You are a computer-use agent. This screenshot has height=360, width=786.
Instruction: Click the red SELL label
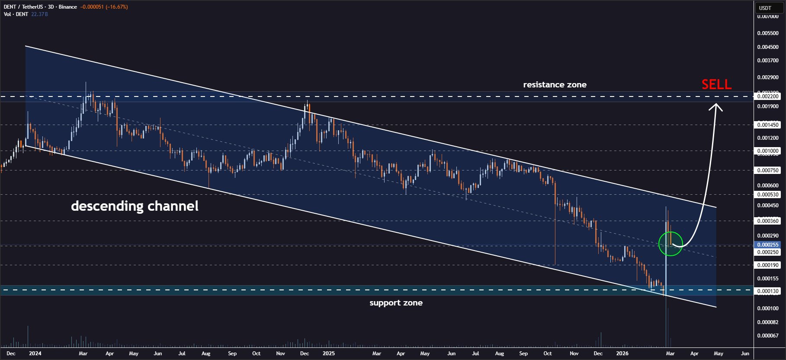pyautogui.click(x=716, y=84)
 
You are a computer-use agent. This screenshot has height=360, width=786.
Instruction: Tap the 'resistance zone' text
pyautogui.click(x=555, y=85)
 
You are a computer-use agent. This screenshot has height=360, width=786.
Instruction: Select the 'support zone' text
pyautogui.click(x=396, y=303)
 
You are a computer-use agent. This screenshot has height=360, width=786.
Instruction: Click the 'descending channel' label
pyautogui.click(x=135, y=206)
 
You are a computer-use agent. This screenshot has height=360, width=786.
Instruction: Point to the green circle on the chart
pyautogui.click(x=670, y=244)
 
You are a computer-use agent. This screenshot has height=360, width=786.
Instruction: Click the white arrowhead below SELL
pyautogui.click(x=716, y=106)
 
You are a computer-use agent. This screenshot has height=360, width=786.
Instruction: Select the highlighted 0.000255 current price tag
pyautogui.click(x=767, y=245)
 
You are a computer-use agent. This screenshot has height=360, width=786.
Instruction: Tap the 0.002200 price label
pyautogui.click(x=767, y=96)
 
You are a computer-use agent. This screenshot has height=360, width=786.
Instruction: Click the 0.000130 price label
pyautogui.click(x=767, y=291)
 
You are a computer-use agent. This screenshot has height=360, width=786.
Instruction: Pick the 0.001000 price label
pyautogui.click(x=767, y=151)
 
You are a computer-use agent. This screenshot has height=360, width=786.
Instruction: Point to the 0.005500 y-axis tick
pyautogui.click(x=767, y=33)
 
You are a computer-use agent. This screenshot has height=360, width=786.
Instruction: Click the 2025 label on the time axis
pyautogui.click(x=329, y=354)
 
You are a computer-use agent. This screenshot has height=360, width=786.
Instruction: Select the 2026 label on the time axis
pyautogui.click(x=622, y=354)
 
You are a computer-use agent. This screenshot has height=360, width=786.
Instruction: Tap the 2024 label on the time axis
pyautogui.click(x=35, y=354)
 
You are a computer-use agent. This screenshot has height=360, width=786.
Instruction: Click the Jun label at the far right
pyautogui.click(x=745, y=354)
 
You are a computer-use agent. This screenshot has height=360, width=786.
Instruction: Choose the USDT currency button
pyautogui.click(x=765, y=8)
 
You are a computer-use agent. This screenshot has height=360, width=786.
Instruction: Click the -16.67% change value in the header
pyautogui.click(x=117, y=7)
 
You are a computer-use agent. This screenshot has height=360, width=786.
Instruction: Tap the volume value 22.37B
pyautogui.click(x=39, y=14)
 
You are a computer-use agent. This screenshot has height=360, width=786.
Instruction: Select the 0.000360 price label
pyautogui.click(x=767, y=221)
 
